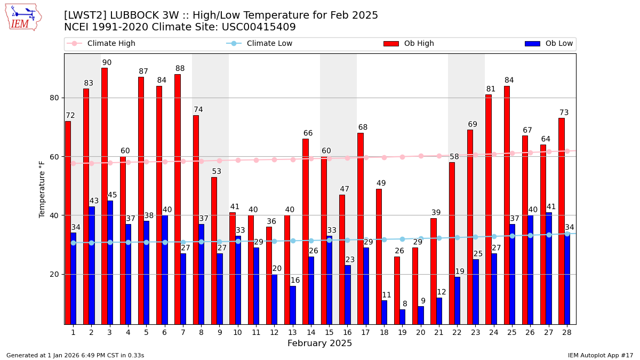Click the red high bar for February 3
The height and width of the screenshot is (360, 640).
click(x=105, y=196)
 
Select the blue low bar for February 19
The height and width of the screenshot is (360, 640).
click(x=402, y=317)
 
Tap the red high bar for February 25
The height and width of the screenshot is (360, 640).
click(x=507, y=205)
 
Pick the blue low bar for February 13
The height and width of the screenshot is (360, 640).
click(x=292, y=305)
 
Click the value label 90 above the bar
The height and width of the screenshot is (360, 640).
click(x=107, y=63)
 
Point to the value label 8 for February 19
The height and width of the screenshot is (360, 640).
click(x=405, y=304)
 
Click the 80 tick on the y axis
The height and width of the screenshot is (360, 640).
click(x=53, y=98)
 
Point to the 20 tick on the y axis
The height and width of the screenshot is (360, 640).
click(x=53, y=275)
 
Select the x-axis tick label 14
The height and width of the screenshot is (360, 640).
click(x=309, y=332)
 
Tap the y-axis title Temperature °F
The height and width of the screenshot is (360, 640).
click(x=42, y=189)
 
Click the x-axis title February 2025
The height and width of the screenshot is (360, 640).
click(x=319, y=343)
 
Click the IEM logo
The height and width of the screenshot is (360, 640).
click(x=23, y=17)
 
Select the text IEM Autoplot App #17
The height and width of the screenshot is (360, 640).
click(x=601, y=355)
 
